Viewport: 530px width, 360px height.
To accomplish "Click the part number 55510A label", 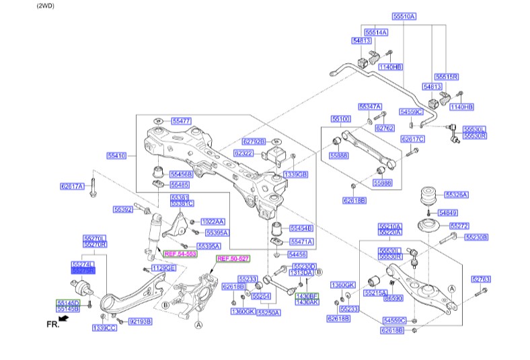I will [x=404, y=15].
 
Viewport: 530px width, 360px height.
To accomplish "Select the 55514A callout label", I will [x=376, y=32].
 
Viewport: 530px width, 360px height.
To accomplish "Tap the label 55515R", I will [x=446, y=77].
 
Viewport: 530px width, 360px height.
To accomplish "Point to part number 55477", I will [x=181, y=121].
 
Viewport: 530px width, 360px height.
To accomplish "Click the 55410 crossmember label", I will [x=116, y=156].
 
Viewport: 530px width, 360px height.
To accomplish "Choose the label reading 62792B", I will [x=254, y=141].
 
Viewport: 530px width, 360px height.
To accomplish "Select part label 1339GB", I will [x=296, y=174].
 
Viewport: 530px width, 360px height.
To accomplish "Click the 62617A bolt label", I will [x=72, y=186].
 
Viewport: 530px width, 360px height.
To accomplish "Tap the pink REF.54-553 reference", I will [x=180, y=254].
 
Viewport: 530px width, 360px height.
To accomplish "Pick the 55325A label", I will [x=455, y=195].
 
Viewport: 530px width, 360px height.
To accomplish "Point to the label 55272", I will [x=459, y=226].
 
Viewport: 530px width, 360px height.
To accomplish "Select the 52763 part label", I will [x=481, y=279].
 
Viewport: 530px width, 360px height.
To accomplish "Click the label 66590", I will [x=393, y=297].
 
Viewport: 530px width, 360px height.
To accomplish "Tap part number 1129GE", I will [x=163, y=268].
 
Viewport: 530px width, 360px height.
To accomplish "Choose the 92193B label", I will [x=140, y=322].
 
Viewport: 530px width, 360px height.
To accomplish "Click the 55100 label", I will [x=340, y=119].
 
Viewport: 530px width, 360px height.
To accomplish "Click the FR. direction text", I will [x=53, y=325].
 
